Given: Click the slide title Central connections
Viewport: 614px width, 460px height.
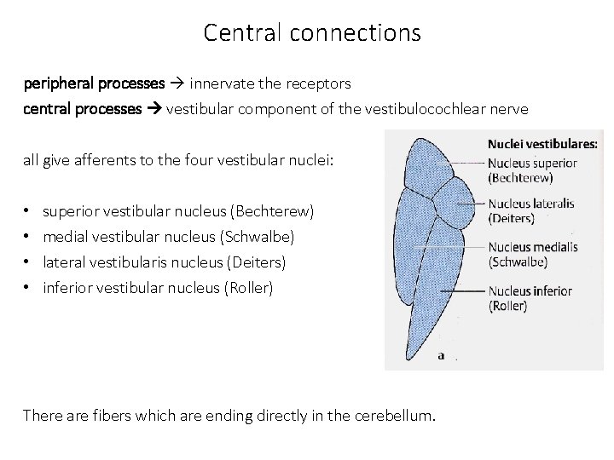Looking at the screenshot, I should tap(312, 33).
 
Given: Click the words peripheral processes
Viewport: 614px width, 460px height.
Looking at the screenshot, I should tap(94, 83).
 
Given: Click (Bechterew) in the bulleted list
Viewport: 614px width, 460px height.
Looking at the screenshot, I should tap(270, 210).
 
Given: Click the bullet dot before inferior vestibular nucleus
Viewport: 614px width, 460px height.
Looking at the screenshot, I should tap(28, 287).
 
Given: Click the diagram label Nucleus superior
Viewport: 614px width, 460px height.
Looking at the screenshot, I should tap(533, 164).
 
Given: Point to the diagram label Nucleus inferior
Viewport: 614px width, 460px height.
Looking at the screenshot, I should tap(530, 290).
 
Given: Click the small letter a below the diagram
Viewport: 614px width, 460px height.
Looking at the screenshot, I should tap(441, 356).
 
